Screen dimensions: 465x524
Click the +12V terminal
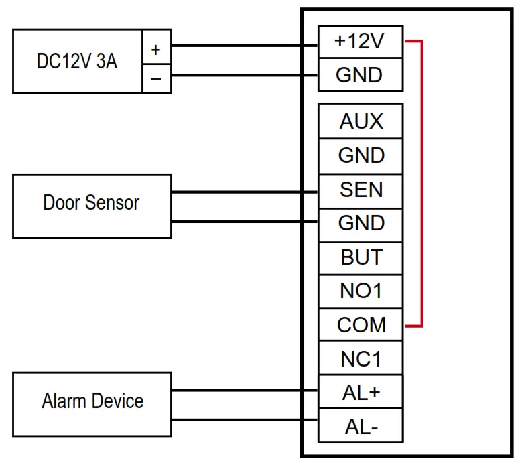(360, 42)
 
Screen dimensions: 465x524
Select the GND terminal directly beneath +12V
(360, 75)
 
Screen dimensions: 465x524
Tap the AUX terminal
(361, 121)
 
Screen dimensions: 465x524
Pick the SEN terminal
(361, 190)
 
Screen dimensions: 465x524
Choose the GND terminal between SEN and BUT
(361, 224)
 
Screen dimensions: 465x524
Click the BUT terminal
(361, 257)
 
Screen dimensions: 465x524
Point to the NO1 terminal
(361, 291)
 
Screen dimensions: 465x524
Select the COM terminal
(361, 325)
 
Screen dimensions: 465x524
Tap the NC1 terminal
(361, 359)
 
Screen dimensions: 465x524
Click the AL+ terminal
(361, 393)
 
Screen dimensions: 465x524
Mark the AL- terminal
(361, 426)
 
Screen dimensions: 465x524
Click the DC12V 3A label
(76, 62)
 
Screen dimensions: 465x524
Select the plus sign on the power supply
(156, 50)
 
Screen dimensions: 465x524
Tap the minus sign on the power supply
(156, 78)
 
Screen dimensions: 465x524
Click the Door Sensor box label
(91, 202)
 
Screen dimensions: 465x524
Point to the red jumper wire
(421, 184)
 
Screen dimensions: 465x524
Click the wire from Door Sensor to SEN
(245, 192)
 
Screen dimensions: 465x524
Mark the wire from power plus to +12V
(245, 46)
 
